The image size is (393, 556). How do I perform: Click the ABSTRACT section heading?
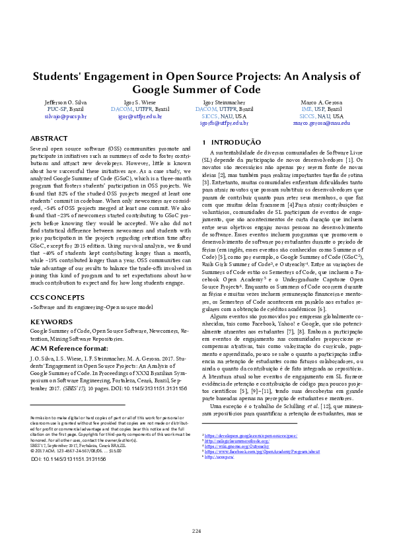(50, 139)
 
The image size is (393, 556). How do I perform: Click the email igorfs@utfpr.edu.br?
(225, 123)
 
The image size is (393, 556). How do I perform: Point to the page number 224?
(196, 532)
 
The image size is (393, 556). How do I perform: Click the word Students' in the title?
(59, 76)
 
